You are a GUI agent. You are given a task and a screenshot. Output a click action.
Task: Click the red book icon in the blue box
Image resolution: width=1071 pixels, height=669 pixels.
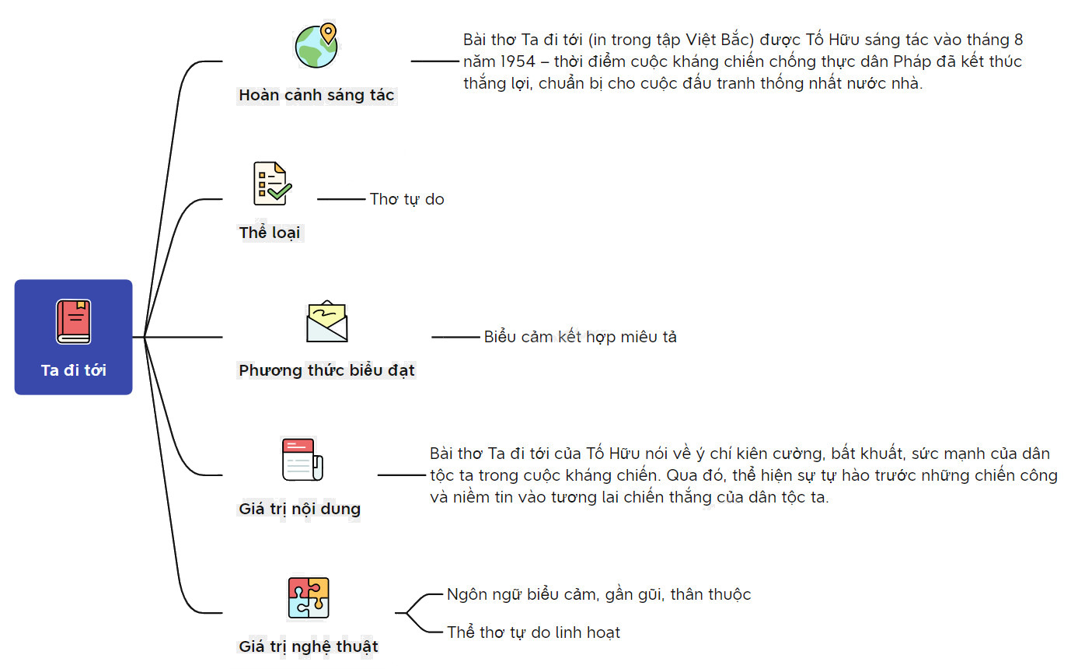[x=73, y=321]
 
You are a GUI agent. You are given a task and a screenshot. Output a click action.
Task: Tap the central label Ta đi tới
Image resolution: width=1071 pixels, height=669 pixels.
[x=73, y=370]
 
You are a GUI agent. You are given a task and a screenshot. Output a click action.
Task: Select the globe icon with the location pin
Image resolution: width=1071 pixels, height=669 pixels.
[x=316, y=45]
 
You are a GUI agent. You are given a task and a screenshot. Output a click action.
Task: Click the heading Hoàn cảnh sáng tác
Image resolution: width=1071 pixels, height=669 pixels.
[x=316, y=95]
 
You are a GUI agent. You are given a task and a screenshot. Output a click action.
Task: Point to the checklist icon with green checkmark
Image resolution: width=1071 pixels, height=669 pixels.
[x=272, y=184]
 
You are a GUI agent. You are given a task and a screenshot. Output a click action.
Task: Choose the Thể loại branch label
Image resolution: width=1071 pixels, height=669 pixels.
[x=269, y=233]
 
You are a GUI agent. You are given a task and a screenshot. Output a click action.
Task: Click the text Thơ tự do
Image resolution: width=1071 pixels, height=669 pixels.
[x=407, y=199]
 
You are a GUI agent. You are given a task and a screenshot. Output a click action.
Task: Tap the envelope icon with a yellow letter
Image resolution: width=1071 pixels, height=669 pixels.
[x=327, y=321]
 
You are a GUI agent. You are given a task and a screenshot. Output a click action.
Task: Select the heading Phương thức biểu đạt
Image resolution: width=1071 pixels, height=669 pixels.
[x=326, y=370]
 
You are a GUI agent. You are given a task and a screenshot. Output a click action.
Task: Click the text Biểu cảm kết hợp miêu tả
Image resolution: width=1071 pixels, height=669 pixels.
[x=580, y=337]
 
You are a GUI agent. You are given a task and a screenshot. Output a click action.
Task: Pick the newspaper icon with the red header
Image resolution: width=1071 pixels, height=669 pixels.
[x=302, y=460]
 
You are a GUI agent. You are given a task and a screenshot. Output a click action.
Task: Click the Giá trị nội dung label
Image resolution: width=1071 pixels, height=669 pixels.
[x=299, y=509]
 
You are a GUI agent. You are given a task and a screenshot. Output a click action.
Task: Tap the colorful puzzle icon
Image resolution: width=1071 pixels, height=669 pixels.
[x=309, y=597]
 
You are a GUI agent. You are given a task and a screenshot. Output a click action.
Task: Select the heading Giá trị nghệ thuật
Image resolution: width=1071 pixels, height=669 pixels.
[x=309, y=646]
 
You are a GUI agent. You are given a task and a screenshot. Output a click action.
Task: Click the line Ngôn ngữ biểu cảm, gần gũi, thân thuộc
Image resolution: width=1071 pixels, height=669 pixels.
[x=598, y=594]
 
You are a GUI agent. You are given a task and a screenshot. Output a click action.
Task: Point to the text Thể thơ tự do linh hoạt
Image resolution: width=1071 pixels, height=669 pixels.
[x=533, y=632]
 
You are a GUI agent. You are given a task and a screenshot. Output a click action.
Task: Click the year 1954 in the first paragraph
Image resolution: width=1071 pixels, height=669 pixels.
[x=518, y=61]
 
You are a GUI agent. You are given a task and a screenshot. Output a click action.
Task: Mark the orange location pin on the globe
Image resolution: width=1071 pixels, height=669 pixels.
[x=328, y=33]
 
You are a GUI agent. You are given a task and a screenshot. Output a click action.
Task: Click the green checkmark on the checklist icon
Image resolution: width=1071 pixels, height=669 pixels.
[x=280, y=192]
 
